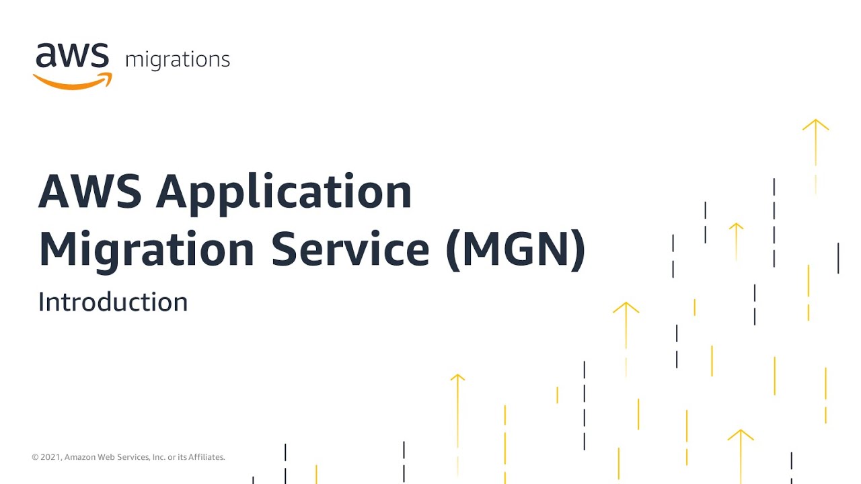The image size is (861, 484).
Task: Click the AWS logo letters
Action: click(x=72, y=56)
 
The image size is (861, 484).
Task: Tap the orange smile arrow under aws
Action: click(x=73, y=81)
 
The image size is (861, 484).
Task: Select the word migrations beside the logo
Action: click(x=178, y=60)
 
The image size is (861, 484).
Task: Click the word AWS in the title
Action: click(x=89, y=192)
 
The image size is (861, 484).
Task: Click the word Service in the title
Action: click(x=350, y=249)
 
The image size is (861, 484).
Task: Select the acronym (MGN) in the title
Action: click(x=516, y=249)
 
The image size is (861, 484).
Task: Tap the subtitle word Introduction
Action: click(x=113, y=302)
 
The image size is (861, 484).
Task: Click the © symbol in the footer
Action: click(x=35, y=457)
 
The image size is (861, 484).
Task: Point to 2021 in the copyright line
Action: click(x=50, y=457)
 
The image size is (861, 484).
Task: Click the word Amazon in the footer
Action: click(x=81, y=457)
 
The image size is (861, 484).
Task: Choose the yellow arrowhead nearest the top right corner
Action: click(x=815, y=124)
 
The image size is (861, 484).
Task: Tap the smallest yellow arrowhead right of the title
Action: click(x=736, y=227)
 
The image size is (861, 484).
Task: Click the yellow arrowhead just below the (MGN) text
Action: click(x=626, y=307)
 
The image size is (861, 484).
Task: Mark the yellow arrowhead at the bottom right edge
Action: click(x=740, y=434)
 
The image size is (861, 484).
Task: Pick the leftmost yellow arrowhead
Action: click(x=457, y=377)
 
